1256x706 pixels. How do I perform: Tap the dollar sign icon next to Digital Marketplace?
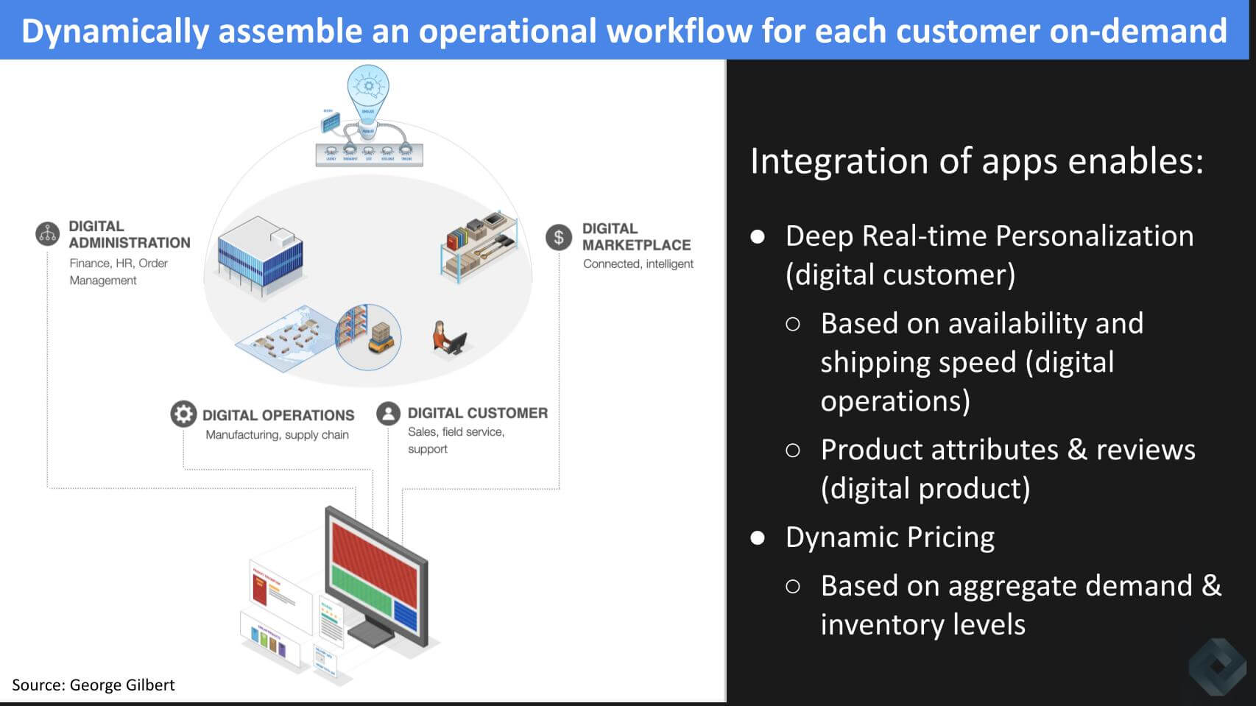(559, 237)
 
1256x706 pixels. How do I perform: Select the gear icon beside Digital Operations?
(183, 414)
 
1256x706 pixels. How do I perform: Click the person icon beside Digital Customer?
(388, 413)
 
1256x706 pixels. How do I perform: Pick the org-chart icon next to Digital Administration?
(48, 233)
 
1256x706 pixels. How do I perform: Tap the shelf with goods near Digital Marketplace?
(479, 245)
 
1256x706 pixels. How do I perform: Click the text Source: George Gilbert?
(94, 685)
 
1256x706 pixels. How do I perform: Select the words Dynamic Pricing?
(889, 537)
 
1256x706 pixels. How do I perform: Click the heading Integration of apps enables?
(976, 160)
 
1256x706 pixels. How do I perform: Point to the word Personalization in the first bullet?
(1094, 236)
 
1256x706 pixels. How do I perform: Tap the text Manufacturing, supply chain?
(277, 434)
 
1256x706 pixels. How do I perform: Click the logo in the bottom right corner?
(1218, 666)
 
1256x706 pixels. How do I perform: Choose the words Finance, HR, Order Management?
(119, 271)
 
